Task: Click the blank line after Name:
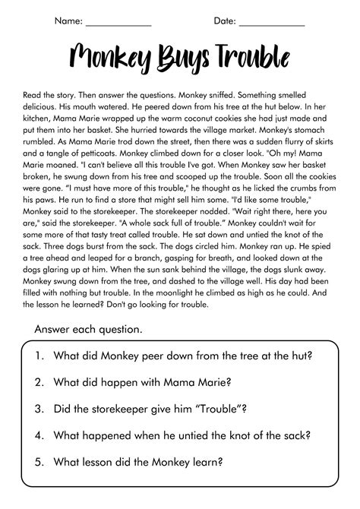[x=119, y=23]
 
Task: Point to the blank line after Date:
[x=271, y=23]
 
